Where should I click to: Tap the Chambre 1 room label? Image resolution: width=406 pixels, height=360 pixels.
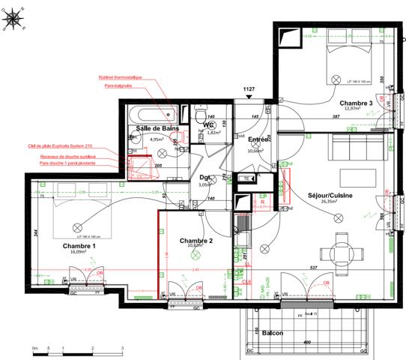[x=79, y=246]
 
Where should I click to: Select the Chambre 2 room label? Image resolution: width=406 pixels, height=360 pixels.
[x=196, y=240]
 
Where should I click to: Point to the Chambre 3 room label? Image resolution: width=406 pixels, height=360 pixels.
[x=355, y=103]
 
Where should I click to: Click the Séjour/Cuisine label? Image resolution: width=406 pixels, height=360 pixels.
[x=330, y=195]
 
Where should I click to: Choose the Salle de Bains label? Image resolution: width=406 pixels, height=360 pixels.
[x=156, y=129]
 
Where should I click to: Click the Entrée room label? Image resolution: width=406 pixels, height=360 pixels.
[x=258, y=140]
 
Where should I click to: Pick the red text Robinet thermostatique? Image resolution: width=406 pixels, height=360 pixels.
[x=120, y=78]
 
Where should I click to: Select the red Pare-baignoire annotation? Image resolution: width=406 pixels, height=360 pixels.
[x=118, y=86]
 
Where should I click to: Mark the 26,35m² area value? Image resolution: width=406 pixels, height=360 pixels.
[x=330, y=202]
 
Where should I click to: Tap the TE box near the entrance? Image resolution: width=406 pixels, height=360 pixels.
[x=246, y=178]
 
